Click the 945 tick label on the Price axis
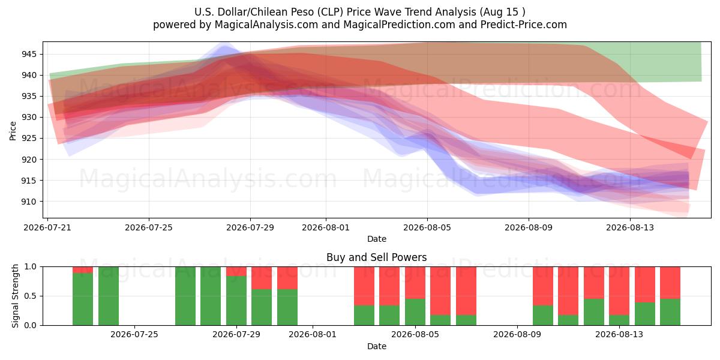29,55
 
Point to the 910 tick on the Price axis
29,202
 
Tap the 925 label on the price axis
29,139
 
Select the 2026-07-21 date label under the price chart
47,227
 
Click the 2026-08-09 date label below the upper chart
529,227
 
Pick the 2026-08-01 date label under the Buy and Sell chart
313,335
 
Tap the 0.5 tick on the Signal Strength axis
30,296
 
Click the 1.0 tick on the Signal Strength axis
30,267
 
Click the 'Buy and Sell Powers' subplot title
376,257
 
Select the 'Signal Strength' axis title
15,296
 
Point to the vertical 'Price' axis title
13,131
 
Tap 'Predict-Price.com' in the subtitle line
524,25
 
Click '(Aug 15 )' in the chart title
502,12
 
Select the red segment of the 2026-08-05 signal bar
415,283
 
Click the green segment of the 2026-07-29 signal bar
236,301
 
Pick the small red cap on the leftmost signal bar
83,269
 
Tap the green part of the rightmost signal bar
670,312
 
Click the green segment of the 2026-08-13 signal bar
619,320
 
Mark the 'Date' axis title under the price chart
376,239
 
